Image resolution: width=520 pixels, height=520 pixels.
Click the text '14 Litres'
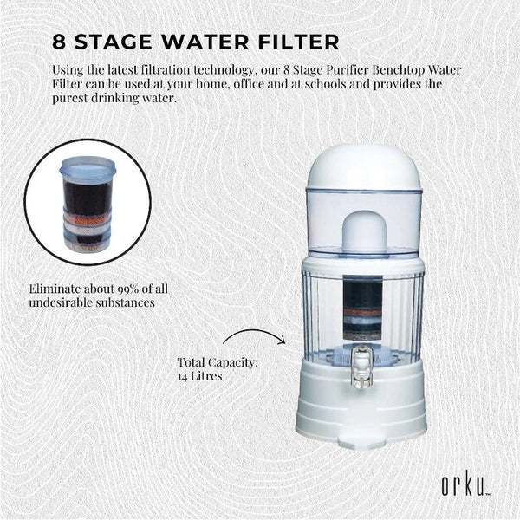click(x=202, y=378)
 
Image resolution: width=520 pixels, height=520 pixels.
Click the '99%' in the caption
click(x=137, y=288)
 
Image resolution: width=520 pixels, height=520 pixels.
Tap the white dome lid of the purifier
click(x=365, y=169)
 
